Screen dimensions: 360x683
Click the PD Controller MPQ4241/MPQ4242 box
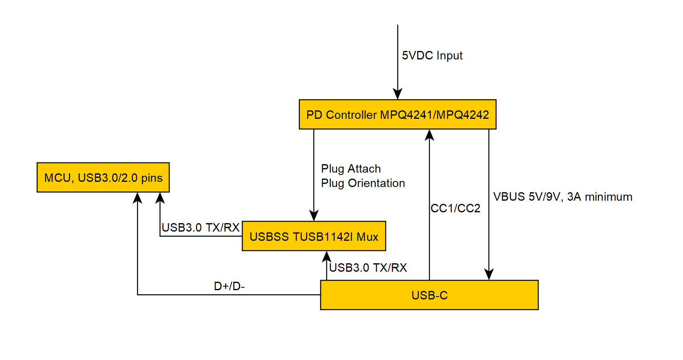pyautogui.click(x=398, y=114)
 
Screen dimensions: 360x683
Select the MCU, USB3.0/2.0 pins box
pyautogui.click(x=103, y=177)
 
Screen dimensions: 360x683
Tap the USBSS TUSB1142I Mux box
pyautogui.click(x=314, y=236)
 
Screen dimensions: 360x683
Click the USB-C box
pyautogui.click(x=429, y=295)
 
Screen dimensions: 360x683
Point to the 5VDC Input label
pyautogui.click(x=432, y=55)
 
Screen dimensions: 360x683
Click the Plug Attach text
pyautogui.click(x=351, y=169)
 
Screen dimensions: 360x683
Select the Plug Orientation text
pyautogui.click(x=363, y=183)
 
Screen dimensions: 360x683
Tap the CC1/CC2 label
pyautogui.click(x=455, y=208)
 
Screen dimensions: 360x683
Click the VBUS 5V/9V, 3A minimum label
pyautogui.click(x=563, y=197)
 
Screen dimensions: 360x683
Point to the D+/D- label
pyautogui.click(x=229, y=286)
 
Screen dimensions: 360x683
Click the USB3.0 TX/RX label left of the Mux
pyautogui.click(x=200, y=228)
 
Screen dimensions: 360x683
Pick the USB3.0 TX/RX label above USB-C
pyautogui.click(x=368, y=268)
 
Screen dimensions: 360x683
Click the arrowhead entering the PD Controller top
pyautogui.click(x=398, y=95)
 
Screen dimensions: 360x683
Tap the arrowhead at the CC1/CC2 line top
pyautogui.click(x=429, y=134)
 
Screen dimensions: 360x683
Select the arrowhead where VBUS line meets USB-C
pyautogui.click(x=489, y=275)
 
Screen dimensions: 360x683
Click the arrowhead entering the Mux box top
pyautogui.click(x=314, y=216)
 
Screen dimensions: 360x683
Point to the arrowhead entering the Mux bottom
pyautogui.click(x=327, y=256)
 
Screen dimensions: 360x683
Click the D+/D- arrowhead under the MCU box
pyautogui.click(x=137, y=197)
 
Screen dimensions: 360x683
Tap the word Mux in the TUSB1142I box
pyautogui.click(x=367, y=237)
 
